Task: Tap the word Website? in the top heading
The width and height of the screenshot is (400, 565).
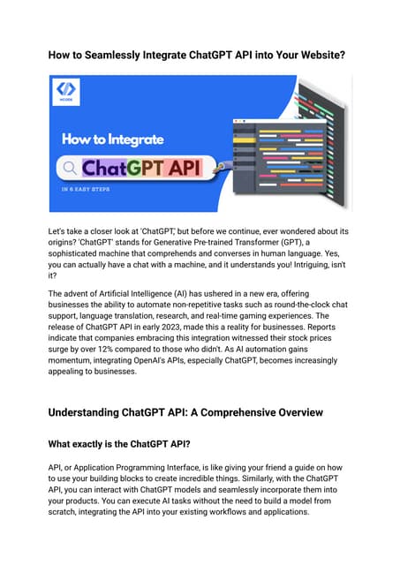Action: click(x=313, y=56)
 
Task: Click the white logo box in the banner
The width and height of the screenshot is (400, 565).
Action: click(x=66, y=91)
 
